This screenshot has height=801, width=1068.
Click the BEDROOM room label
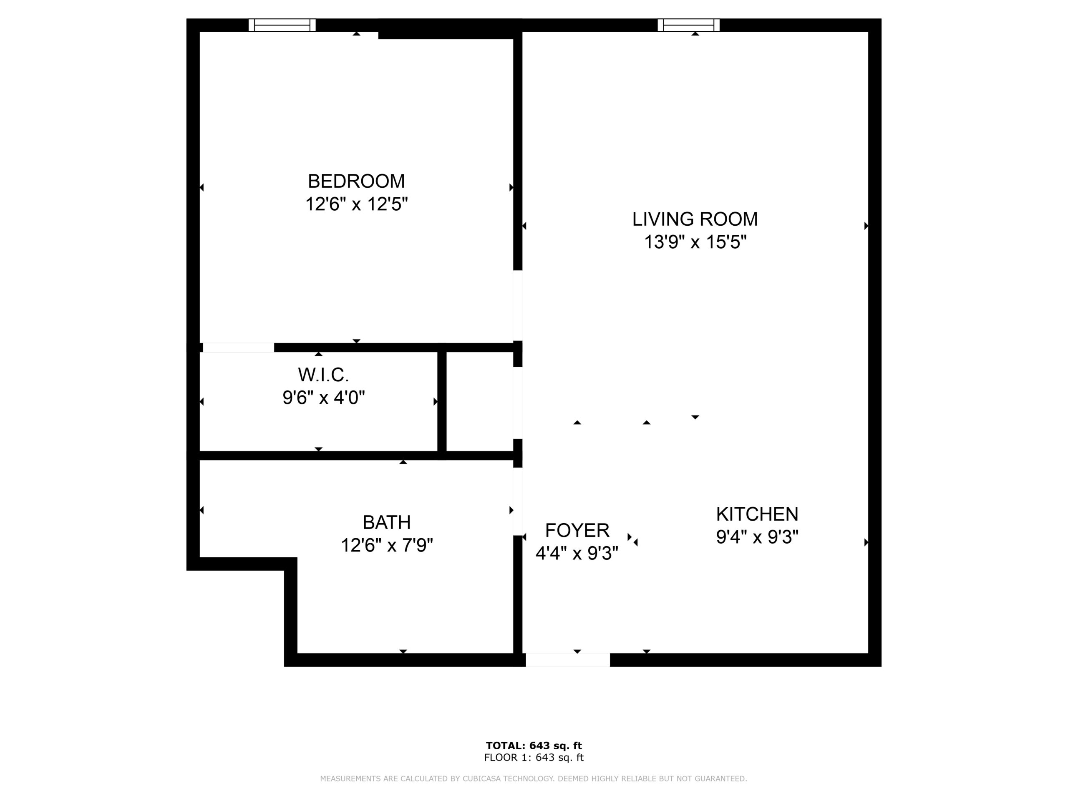pos(356,181)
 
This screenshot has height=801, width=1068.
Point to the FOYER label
pos(577,530)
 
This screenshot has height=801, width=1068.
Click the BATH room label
pos(387,522)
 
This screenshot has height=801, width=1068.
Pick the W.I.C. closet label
pos(323,375)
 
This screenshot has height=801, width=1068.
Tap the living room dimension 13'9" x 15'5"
pos(695,242)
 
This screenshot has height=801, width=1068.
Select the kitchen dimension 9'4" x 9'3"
pos(757,537)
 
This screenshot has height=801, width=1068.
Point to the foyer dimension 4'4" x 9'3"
pos(577,553)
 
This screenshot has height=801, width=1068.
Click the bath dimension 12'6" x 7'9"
pos(387,546)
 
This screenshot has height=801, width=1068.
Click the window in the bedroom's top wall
pos(282,25)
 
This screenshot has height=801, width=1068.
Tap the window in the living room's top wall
pos(688,25)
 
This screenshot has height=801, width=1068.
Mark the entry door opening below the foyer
pos(568,660)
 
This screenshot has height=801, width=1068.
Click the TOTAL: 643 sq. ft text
pos(534,746)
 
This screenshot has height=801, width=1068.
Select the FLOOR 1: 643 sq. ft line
pos(534,758)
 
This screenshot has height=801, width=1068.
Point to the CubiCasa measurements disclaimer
pos(534,779)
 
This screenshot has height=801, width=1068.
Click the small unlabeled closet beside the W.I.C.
pos(479,402)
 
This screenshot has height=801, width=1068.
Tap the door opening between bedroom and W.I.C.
pos(239,348)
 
